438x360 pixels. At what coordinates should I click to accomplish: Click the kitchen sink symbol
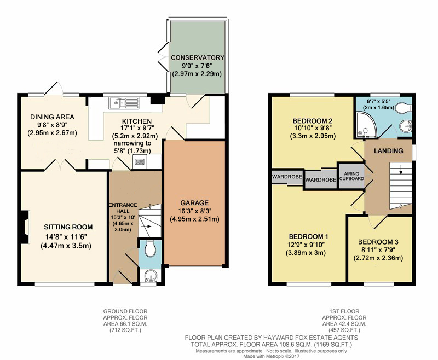click(124, 102)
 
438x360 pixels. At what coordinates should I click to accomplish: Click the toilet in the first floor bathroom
click(404, 107)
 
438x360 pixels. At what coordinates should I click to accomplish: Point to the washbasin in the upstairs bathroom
click(405, 127)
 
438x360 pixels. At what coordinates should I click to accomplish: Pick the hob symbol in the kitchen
click(139, 162)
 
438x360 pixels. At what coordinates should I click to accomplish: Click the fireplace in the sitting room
click(24, 227)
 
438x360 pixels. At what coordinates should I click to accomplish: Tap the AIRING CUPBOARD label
click(351, 176)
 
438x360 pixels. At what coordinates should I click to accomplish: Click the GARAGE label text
click(194, 203)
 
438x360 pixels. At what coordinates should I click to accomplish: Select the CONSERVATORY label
click(198, 57)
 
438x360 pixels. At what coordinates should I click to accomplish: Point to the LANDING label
click(389, 151)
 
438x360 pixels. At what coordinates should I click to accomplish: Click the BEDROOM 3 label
click(378, 242)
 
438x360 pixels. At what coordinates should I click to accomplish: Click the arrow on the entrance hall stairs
click(148, 227)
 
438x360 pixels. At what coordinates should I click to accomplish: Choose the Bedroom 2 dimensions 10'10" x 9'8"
click(312, 129)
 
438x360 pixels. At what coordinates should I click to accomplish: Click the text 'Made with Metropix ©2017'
click(271, 356)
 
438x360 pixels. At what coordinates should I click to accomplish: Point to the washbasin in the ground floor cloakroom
click(151, 277)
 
